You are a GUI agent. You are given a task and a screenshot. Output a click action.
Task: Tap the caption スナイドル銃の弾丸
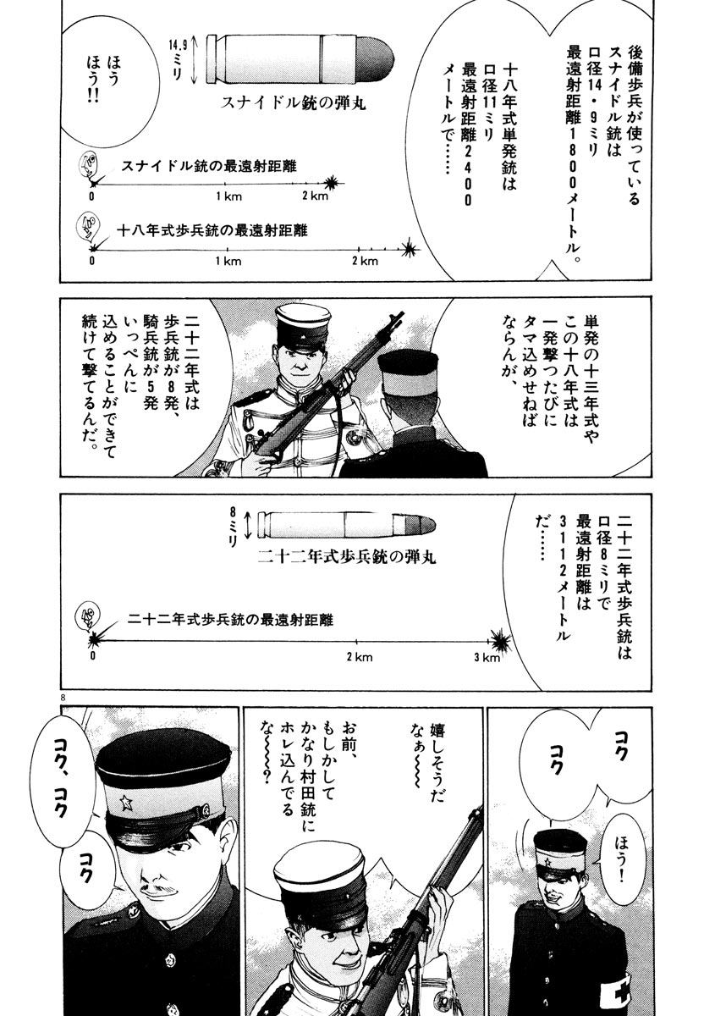(293, 103)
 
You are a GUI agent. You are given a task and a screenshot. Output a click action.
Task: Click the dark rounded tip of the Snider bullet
(375, 60)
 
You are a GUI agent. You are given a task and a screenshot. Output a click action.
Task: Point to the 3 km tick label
(487, 657)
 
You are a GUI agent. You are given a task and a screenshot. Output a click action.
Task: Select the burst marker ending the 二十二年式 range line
(500, 640)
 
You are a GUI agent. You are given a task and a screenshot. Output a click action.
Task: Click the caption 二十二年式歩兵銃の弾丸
(347, 556)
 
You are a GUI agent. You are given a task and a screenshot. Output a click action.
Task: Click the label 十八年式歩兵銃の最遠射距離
(212, 231)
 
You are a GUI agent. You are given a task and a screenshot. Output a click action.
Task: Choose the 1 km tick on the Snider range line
(225, 184)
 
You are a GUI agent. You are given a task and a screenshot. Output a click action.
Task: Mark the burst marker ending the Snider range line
(333, 183)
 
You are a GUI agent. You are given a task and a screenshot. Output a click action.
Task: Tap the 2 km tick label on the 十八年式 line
(365, 262)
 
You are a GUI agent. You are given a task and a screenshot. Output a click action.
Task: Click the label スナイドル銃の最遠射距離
(209, 167)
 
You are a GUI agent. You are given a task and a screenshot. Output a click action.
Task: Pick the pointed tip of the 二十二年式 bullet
(434, 524)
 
